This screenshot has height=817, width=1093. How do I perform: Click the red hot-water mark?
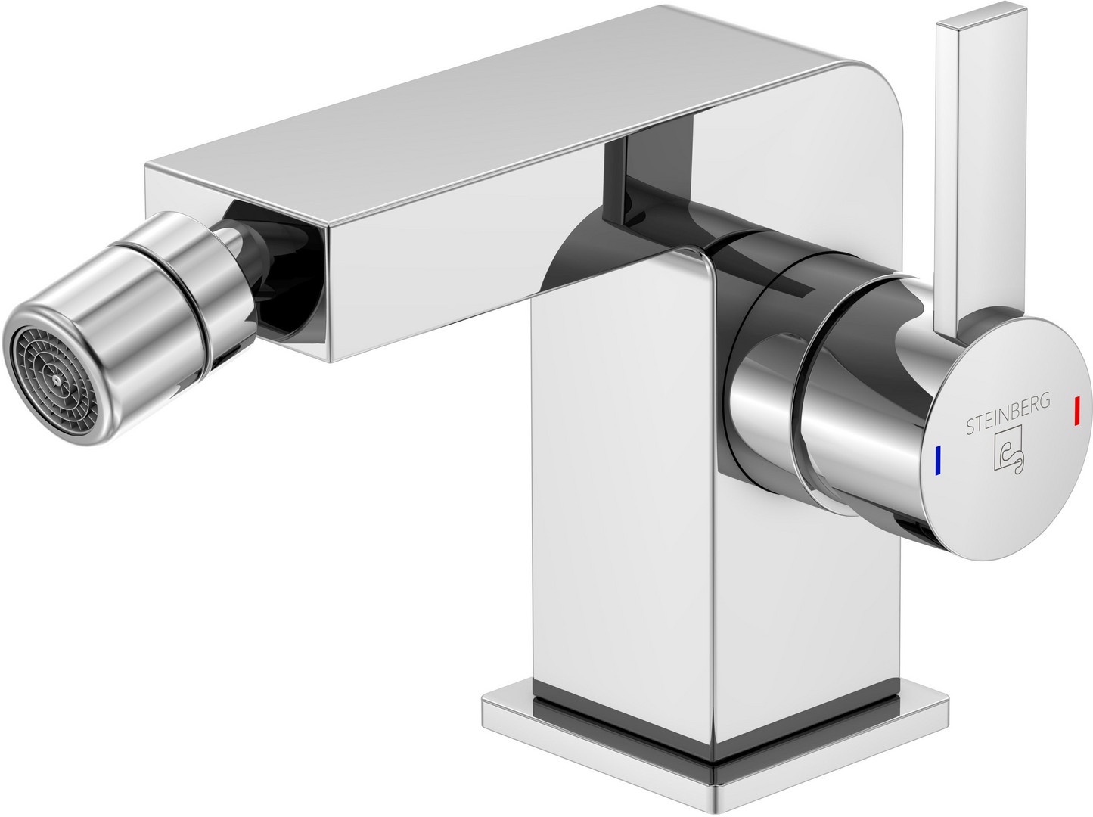pos(1077,411)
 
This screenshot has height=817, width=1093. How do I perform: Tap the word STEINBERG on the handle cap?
pos(1008,413)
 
